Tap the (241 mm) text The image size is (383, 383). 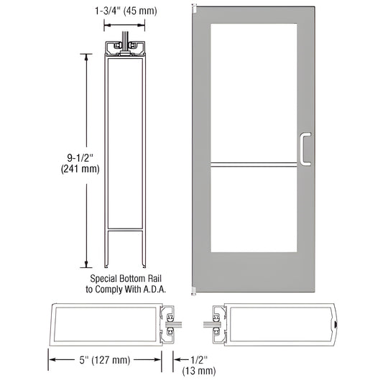click(78, 170)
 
